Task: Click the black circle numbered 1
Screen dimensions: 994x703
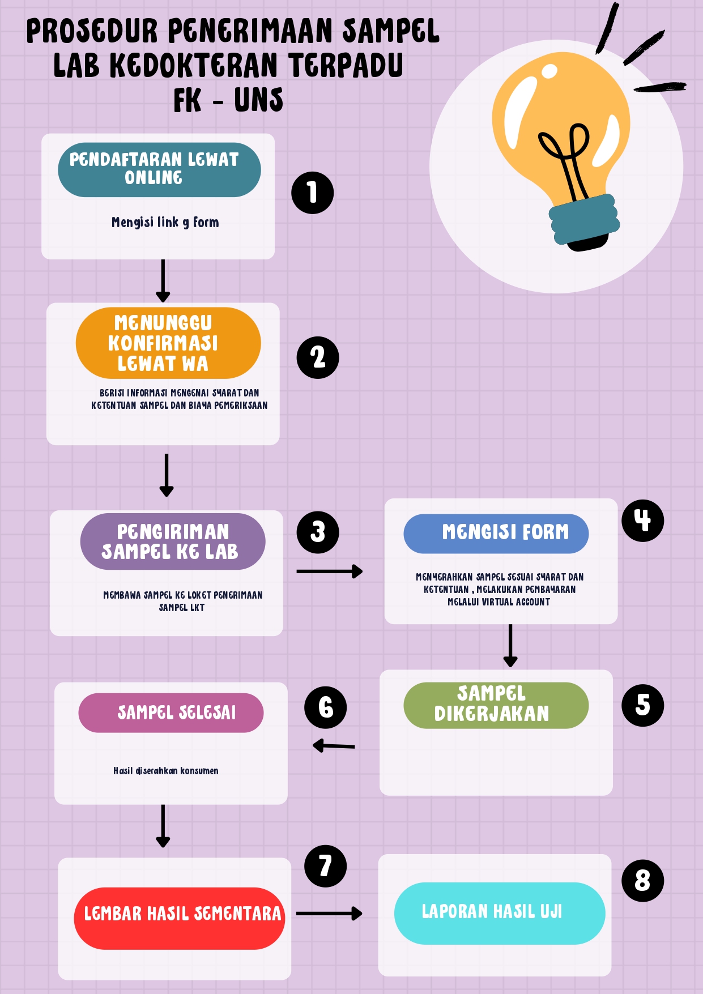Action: tap(312, 193)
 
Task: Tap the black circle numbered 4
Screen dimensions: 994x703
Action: tap(642, 521)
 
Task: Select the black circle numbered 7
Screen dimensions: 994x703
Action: tap(325, 866)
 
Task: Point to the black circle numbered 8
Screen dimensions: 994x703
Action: tap(642, 881)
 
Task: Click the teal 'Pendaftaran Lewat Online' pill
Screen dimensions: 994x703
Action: tap(159, 170)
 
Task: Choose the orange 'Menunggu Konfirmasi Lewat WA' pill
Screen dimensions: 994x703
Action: tap(168, 343)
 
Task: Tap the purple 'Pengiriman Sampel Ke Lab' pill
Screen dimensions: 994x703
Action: tap(173, 541)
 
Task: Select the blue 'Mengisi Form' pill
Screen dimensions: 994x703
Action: tap(496, 534)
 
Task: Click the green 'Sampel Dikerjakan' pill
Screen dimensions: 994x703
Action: tap(496, 705)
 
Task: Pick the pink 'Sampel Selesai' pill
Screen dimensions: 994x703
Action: tap(171, 713)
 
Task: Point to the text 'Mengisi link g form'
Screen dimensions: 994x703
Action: tap(165, 223)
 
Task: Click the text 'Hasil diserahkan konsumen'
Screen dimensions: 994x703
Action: tap(165, 771)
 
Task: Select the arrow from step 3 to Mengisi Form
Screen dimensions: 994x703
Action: tap(329, 571)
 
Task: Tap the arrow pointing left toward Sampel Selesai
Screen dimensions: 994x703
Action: tap(334, 746)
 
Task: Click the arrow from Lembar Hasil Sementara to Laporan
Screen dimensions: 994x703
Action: tap(329, 913)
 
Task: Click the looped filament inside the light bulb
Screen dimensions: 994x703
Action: tap(564, 153)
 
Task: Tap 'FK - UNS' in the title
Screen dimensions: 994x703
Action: tap(228, 101)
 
